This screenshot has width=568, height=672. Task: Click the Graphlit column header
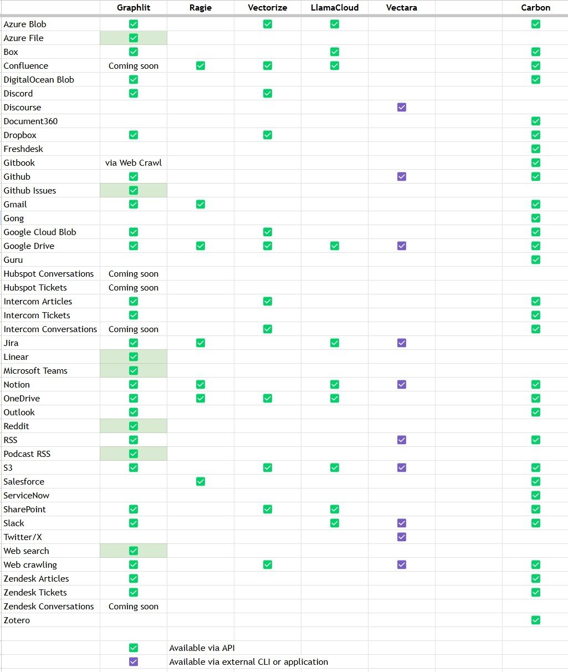(x=134, y=8)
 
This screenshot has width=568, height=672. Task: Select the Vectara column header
(x=402, y=8)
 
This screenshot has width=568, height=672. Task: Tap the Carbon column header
(x=535, y=8)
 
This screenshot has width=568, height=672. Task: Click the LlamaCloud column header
(x=335, y=8)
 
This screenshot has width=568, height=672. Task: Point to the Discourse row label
(x=22, y=108)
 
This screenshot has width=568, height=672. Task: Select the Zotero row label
(x=17, y=620)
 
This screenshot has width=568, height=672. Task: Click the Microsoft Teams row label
(x=35, y=371)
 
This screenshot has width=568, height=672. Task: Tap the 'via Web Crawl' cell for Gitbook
(x=134, y=163)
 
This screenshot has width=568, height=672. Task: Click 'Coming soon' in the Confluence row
(x=134, y=66)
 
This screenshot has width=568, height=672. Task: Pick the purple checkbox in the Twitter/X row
(x=402, y=537)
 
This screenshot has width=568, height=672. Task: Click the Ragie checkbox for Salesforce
(x=201, y=481)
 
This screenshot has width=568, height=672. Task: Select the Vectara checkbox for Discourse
(x=402, y=107)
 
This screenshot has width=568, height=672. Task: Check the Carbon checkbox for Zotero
(x=535, y=620)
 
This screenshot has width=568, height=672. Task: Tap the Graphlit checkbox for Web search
(x=134, y=551)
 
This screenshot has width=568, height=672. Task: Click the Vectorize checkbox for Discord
(x=268, y=93)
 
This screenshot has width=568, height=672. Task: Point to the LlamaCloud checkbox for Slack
(x=335, y=523)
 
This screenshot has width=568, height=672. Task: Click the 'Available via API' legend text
(x=202, y=648)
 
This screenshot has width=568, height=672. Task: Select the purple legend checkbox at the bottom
(x=134, y=661)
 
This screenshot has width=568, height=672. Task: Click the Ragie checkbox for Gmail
(x=201, y=204)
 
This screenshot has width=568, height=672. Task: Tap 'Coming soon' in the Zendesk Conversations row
(x=134, y=607)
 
